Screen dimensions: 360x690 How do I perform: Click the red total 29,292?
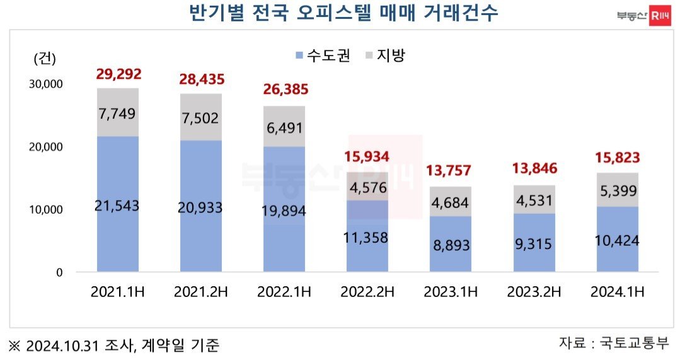coord(117,74)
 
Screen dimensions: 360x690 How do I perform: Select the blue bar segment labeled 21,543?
coord(117,205)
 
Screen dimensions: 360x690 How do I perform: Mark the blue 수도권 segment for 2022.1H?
coord(284,209)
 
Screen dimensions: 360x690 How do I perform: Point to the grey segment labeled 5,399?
coord(618,190)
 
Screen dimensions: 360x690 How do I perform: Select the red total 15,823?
coord(618,158)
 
